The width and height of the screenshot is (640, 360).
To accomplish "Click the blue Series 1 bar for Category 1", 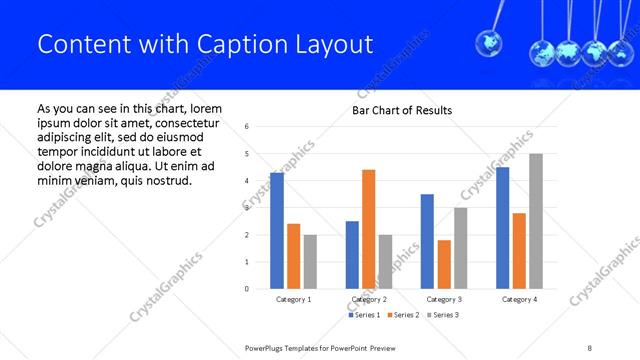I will (x=277, y=231).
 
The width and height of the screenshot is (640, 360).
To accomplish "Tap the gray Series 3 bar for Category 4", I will (x=536, y=221).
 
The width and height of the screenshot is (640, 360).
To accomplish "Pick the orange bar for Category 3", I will (x=444, y=264).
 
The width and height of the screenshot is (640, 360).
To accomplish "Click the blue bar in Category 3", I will (x=427, y=241).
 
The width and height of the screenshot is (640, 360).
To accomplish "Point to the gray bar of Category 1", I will (x=311, y=262).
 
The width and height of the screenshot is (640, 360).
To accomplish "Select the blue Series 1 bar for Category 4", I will (x=503, y=228).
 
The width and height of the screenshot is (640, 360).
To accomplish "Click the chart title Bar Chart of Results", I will (x=402, y=110).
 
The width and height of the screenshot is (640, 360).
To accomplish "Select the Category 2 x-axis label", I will (x=369, y=299).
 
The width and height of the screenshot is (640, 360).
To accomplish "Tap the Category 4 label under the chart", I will (x=519, y=299).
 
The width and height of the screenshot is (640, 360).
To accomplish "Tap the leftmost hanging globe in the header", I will (x=489, y=42).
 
